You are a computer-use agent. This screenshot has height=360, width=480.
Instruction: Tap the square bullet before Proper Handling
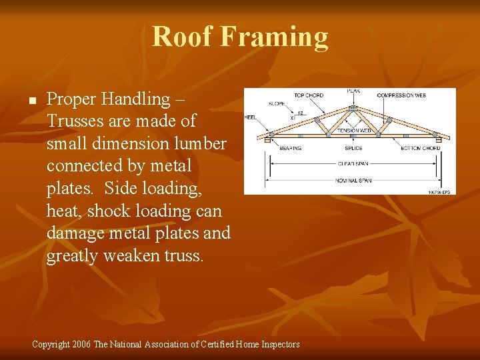click(x=31, y=101)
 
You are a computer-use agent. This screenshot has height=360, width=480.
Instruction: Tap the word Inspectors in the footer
click(x=277, y=345)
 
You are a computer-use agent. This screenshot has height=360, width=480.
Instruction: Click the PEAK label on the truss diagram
click(x=353, y=91)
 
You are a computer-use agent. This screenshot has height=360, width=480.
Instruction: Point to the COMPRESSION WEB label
click(x=401, y=96)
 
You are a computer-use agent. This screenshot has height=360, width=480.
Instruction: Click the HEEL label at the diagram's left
click(x=250, y=117)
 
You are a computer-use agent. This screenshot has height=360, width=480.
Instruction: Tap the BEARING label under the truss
click(x=290, y=148)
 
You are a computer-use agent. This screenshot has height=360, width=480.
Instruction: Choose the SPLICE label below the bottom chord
click(x=353, y=148)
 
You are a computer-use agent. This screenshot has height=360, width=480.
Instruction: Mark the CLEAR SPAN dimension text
click(x=353, y=163)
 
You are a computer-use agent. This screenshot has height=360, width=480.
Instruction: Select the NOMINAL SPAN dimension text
click(x=353, y=179)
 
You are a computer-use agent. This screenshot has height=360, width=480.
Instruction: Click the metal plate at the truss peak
click(x=353, y=107)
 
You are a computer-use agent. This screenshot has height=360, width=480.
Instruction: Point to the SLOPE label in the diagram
click(x=277, y=104)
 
